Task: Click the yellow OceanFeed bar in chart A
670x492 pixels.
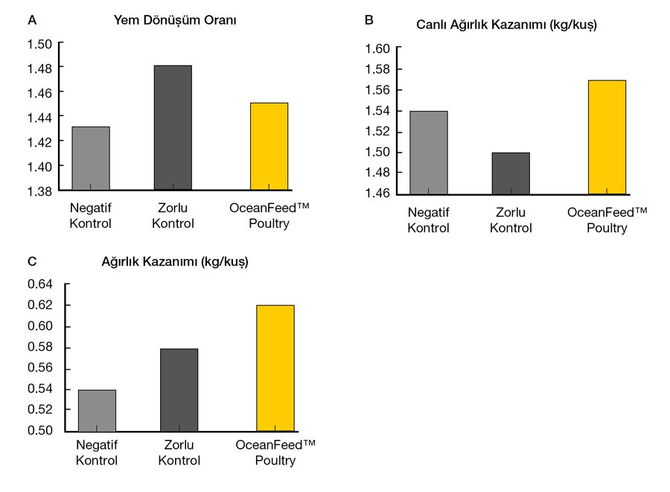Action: pyautogui.click(x=269, y=146)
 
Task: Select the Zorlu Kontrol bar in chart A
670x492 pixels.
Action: pyautogui.click(x=173, y=127)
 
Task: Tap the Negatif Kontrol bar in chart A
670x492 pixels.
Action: pyautogui.click(x=91, y=158)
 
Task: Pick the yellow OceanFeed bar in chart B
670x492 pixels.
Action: pyautogui.click(x=607, y=137)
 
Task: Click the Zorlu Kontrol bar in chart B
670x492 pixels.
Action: pyautogui.click(x=511, y=173)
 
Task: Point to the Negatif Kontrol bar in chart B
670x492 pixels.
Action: pyautogui.click(x=429, y=152)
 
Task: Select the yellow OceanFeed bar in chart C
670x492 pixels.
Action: pyautogui.click(x=275, y=368)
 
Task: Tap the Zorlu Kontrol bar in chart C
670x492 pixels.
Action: pyautogui.click(x=179, y=389)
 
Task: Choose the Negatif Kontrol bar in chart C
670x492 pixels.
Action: pyautogui.click(x=97, y=410)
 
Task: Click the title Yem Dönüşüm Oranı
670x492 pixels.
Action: pyautogui.click(x=174, y=21)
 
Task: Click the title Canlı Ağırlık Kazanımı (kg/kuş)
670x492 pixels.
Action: pyautogui.click(x=506, y=25)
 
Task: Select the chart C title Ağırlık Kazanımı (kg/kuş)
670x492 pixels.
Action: pyautogui.click(x=175, y=262)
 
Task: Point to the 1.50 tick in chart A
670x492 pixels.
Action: pyautogui.click(x=39, y=43)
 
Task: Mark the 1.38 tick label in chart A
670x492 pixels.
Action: pyautogui.click(x=39, y=191)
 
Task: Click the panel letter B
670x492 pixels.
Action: pyautogui.click(x=368, y=20)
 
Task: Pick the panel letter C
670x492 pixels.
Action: pyautogui.click(x=31, y=261)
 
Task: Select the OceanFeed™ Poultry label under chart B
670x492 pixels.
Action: pyautogui.click(x=607, y=220)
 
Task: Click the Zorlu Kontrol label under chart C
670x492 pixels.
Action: pyautogui.click(x=179, y=453)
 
